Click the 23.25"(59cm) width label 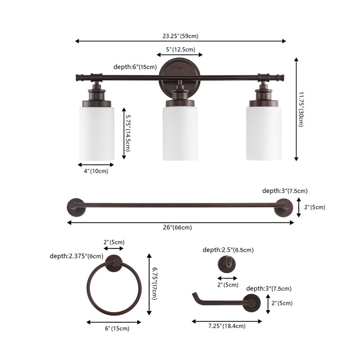180,36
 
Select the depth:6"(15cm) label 135,67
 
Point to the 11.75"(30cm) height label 301,109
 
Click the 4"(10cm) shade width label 96,171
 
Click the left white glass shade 97,133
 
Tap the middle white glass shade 180,133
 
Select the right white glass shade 264,133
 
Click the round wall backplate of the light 180,72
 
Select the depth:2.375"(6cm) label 76,256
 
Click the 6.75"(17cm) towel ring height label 154,284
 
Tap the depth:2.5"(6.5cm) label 228,250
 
